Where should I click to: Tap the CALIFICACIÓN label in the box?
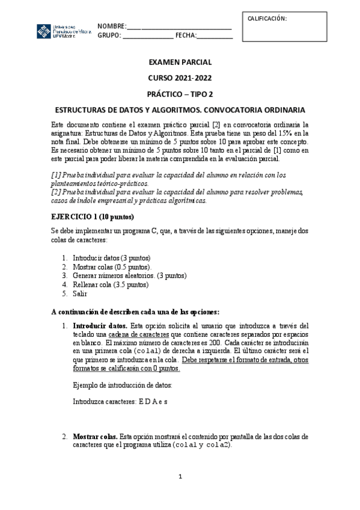[x=267, y=19]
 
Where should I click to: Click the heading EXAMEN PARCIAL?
[x=180, y=62]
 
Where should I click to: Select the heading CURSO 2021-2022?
[x=180, y=78]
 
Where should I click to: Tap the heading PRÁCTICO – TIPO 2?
[x=180, y=94]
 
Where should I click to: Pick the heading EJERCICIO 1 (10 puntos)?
[x=93, y=217]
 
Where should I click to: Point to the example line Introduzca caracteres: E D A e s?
[x=120, y=401]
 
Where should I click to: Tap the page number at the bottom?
[x=180, y=477]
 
